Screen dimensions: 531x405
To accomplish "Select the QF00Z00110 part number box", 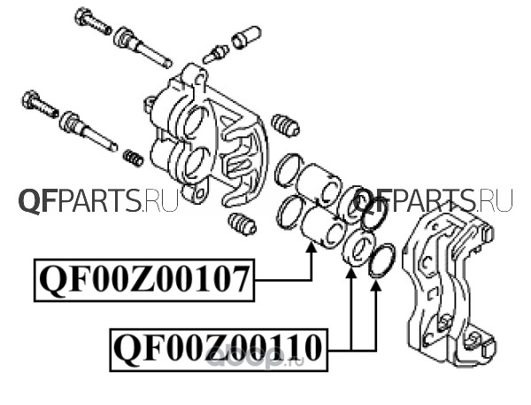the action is click(x=218, y=350).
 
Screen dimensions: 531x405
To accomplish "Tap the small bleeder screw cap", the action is click(x=245, y=38).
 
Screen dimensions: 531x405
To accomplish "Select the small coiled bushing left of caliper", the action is click(x=134, y=158).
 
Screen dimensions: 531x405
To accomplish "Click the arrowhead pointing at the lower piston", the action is click(x=312, y=252).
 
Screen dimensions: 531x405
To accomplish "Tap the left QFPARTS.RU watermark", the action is click(x=97, y=202).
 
